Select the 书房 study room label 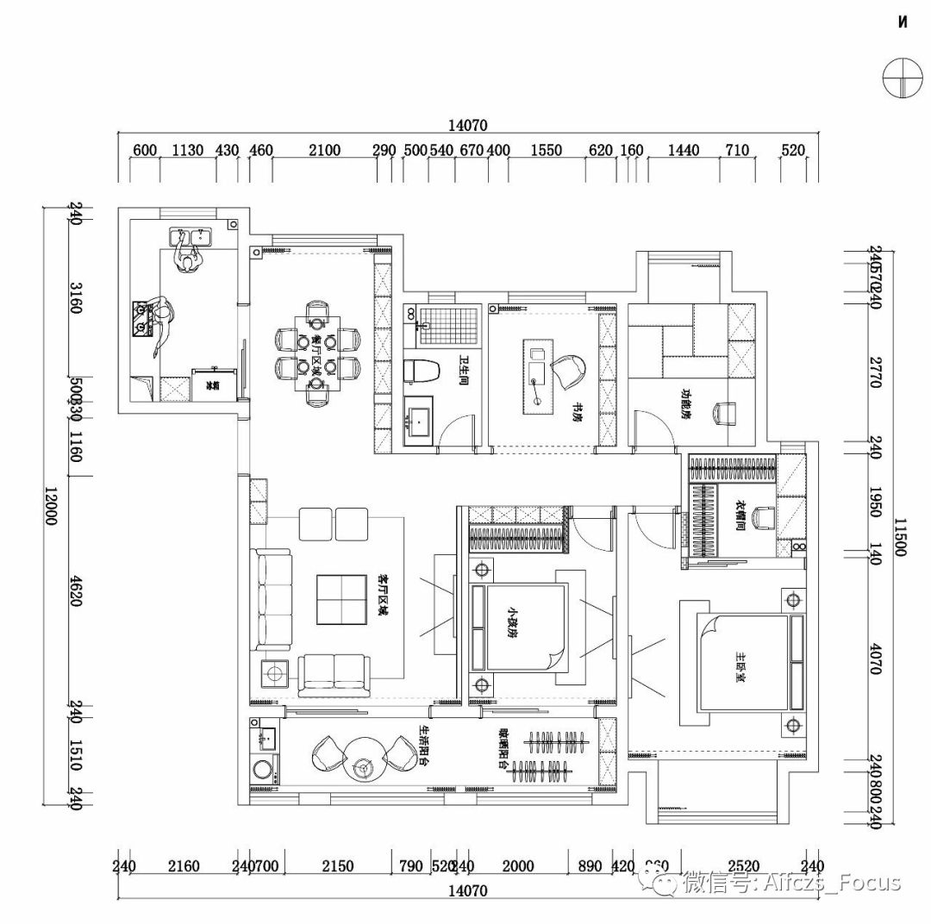coord(575,413)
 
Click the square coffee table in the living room coord(342,598)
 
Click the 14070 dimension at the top coord(467,125)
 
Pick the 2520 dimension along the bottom coord(743,866)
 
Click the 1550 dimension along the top coord(546,151)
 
